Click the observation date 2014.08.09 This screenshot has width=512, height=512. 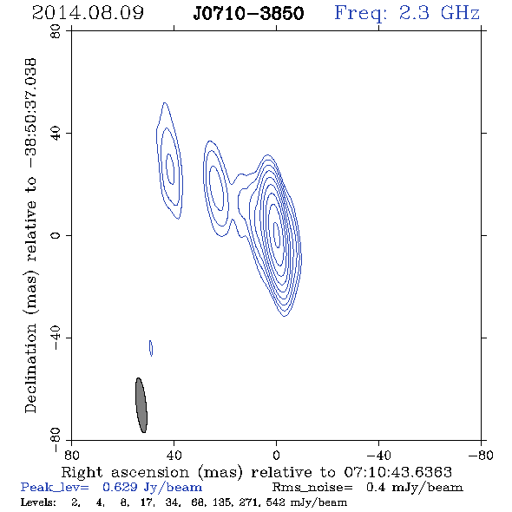88,13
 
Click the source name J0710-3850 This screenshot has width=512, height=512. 248,13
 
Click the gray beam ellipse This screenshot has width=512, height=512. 141,405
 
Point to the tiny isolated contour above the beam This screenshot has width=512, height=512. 151,348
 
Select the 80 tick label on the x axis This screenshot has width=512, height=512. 71,455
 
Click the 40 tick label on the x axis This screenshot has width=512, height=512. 174,455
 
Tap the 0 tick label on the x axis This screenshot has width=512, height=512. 276,455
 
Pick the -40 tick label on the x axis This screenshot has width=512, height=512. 378,455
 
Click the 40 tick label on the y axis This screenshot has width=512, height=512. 56,134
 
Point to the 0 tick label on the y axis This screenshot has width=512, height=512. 56,235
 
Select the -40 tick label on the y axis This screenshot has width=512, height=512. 56,338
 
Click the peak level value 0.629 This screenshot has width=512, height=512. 120,487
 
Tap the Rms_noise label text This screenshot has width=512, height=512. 312,488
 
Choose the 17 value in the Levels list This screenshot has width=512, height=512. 147,502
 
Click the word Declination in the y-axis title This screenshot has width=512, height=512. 30,368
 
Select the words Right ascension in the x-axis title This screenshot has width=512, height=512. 125,472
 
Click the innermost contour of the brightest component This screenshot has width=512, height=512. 276,235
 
